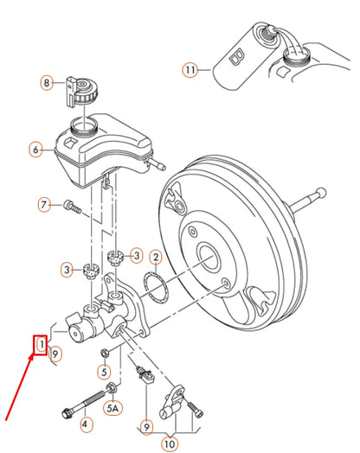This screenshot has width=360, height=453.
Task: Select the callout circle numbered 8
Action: [x=48, y=82]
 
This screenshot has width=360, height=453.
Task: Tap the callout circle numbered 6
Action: [x=36, y=149]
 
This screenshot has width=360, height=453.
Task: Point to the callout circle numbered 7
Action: [x=42, y=205]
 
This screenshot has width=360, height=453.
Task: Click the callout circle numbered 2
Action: [x=155, y=257]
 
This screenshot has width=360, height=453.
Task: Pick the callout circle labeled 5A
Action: [x=112, y=405]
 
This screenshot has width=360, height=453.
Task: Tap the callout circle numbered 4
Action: [x=84, y=424]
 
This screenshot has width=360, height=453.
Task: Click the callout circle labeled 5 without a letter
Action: [x=105, y=373]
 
